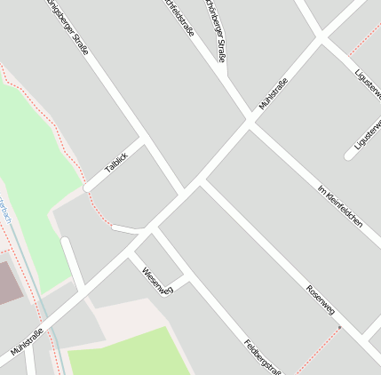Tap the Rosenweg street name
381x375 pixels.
(x=320, y=300)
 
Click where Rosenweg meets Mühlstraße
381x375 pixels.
(x=201, y=182)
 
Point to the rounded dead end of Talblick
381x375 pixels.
(x=86, y=188)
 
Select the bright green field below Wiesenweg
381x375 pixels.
(x=129, y=353)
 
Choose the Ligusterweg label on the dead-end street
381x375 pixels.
(x=367, y=132)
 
